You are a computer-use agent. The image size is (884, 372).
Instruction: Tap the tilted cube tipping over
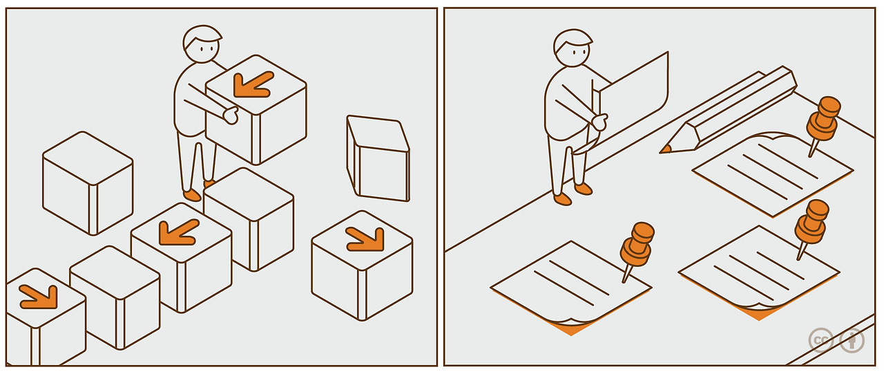pyautogui.click(x=378, y=158)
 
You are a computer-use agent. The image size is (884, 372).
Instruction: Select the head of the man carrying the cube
pyautogui.click(x=202, y=44)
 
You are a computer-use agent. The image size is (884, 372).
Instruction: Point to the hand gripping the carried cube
pyautogui.click(x=231, y=115)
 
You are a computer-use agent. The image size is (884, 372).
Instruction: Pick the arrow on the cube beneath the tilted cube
pyautogui.click(x=366, y=239)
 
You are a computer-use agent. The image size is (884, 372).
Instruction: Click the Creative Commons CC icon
pyautogui.click(x=821, y=340)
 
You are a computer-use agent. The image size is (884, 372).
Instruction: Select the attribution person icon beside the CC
pyautogui.click(x=852, y=340)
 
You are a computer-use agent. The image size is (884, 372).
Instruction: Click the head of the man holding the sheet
pyautogui.click(x=573, y=48)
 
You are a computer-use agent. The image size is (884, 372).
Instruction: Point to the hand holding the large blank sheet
pyautogui.click(x=599, y=122)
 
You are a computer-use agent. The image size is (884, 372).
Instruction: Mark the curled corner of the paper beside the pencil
pyautogui.click(x=773, y=136)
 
